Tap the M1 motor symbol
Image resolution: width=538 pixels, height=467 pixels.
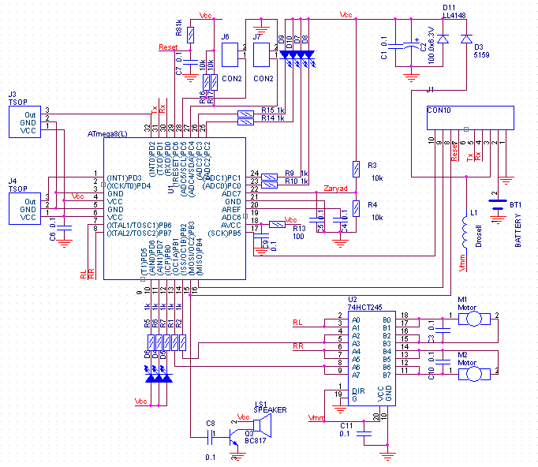pyautogui.click(x=474, y=318)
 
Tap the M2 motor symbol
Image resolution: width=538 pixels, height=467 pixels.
pyautogui.click(x=474, y=372)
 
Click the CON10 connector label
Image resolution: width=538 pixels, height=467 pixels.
pyautogui.click(x=439, y=111)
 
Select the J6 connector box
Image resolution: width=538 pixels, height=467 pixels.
pyautogui.click(x=230, y=54)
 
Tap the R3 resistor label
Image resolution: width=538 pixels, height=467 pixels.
pyautogui.click(x=372, y=165)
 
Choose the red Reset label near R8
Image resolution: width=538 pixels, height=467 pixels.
pyautogui.click(x=168, y=47)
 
